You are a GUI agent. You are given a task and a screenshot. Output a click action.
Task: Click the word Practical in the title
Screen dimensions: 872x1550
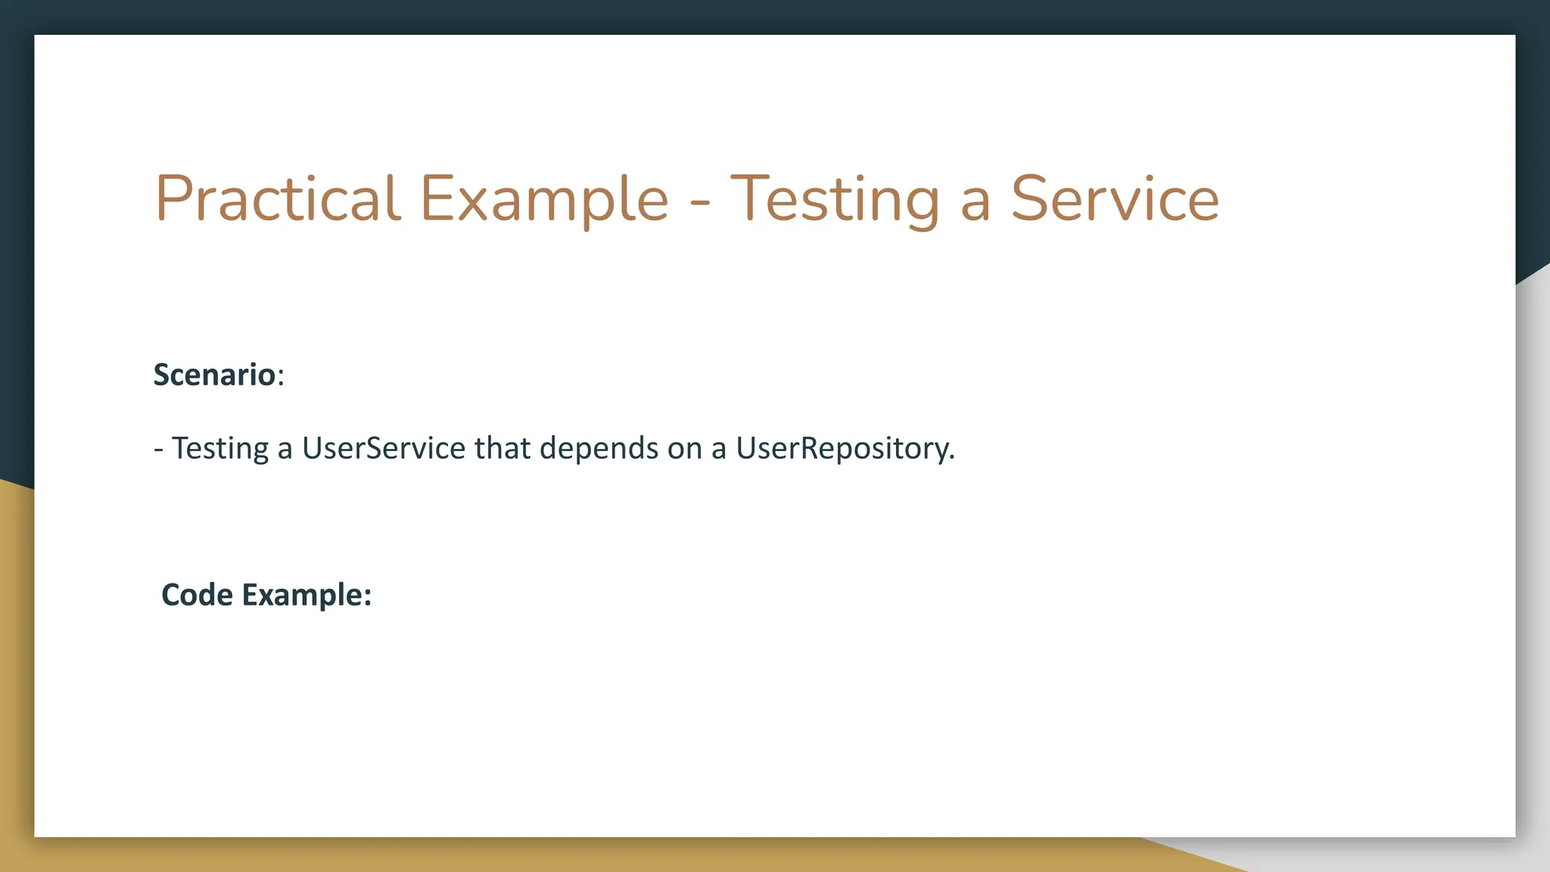(277, 199)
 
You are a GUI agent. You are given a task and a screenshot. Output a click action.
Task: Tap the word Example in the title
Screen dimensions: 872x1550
(543, 199)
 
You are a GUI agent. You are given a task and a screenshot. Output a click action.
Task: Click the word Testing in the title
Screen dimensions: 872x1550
(834, 199)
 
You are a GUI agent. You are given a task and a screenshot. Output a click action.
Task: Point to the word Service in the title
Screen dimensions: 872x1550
(1115, 199)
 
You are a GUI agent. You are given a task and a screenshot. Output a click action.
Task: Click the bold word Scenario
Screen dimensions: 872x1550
(214, 375)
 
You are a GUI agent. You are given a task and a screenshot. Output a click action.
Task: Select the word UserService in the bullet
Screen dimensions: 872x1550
(384, 448)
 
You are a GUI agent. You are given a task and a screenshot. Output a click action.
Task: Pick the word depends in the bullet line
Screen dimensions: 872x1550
(599, 448)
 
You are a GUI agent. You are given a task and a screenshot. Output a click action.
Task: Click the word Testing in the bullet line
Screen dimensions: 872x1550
(219, 448)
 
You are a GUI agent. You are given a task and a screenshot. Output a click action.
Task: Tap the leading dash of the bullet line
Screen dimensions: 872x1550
(158, 450)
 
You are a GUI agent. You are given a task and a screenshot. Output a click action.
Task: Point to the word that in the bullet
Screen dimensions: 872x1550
(502, 448)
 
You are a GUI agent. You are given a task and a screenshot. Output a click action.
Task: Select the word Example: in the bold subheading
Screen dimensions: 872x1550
(307, 595)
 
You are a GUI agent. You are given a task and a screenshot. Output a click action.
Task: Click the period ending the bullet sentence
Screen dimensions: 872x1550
(951, 458)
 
